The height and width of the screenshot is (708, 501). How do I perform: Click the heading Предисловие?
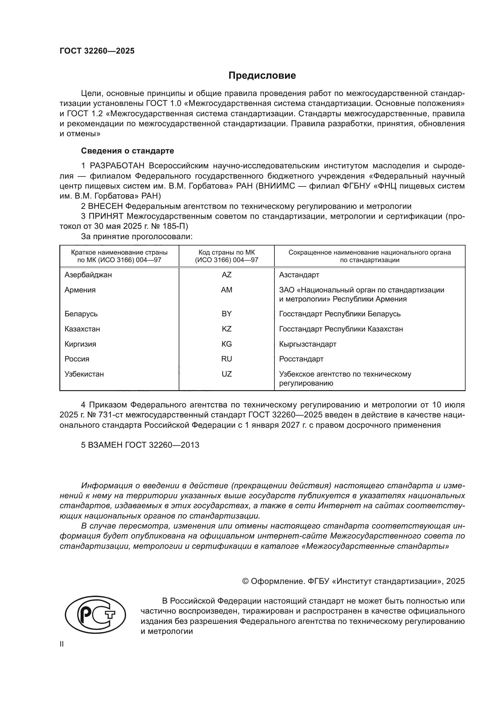262,76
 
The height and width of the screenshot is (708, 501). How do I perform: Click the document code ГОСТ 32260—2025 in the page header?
97,51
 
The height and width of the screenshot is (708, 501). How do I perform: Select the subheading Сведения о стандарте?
128,151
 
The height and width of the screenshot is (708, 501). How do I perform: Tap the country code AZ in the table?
227,275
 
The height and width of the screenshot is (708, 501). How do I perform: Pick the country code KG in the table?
227,344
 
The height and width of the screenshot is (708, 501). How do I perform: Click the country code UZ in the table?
227,374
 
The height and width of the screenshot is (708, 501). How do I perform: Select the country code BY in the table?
227,314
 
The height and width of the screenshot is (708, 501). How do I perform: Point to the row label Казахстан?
82,329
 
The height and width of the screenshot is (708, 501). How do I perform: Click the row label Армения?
80,290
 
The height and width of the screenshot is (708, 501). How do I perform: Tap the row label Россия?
77,359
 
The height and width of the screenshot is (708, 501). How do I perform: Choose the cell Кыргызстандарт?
307,344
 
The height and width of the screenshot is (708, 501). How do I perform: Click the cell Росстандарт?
301,359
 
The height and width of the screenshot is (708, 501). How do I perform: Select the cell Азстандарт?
299,275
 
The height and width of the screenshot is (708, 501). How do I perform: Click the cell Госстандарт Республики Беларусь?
340,314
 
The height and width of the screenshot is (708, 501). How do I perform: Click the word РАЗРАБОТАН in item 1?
117,166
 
